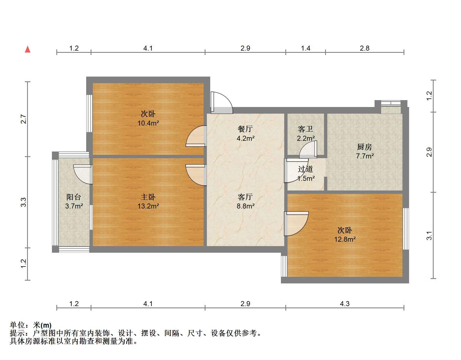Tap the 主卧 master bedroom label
point(148,197)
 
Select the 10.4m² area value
point(148,123)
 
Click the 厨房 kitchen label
point(365,147)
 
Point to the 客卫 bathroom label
point(305,129)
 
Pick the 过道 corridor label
point(305,169)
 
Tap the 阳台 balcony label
point(74,197)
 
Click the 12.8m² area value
point(345,239)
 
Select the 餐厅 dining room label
point(245,129)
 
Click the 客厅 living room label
point(245,197)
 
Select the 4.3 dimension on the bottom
point(345,304)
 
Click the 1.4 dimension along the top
point(305,48)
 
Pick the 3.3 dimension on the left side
point(24,202)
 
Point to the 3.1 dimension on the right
point(429,235)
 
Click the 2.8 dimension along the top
point(365,48)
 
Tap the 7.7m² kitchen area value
point(365,156)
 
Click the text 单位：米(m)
point(31,325)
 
